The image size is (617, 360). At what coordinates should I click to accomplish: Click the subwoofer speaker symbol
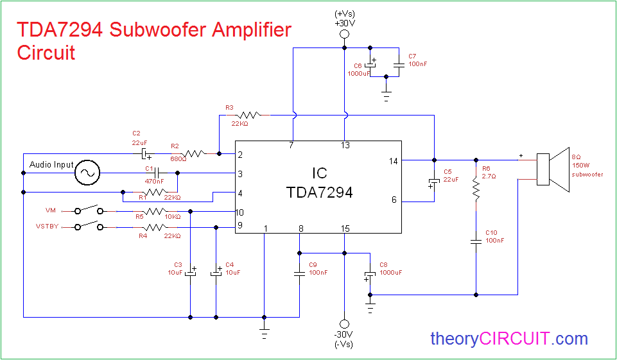[x=553, y=169]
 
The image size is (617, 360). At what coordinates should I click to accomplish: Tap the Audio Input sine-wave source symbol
[x=87, y=173]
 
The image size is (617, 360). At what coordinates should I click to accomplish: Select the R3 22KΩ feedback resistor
[x=248, y=115]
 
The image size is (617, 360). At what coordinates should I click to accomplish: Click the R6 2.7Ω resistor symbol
[x=476, y=188]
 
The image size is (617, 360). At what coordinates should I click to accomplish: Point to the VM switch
[x=89, y=209]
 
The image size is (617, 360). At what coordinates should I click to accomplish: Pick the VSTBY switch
[x=89, y=225]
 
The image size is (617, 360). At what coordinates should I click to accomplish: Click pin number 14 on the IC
[x=393, y=161]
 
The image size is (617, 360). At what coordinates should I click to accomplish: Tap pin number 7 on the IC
[x=291, y=146]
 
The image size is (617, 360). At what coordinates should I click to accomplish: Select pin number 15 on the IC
[x=344, y=228]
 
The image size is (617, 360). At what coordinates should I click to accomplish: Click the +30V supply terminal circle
[x=344, y=34]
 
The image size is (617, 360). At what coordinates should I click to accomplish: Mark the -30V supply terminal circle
[x=344, y=324]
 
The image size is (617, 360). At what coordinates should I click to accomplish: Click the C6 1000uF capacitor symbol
[x=370, y=65]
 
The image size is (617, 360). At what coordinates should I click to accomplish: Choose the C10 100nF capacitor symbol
[x=476, y=241]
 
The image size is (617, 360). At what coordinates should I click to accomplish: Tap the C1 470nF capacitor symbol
[x=157, y=173]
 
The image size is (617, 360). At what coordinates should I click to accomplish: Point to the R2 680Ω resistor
[x=193, y=153]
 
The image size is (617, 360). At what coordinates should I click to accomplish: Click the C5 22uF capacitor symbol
[x=434, y=182]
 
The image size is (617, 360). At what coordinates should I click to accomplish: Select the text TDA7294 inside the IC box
[x=319, y=193]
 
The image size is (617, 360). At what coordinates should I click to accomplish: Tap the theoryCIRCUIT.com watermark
[x=509, y=338]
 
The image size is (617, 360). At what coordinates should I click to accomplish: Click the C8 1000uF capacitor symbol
[x=370, y=275]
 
